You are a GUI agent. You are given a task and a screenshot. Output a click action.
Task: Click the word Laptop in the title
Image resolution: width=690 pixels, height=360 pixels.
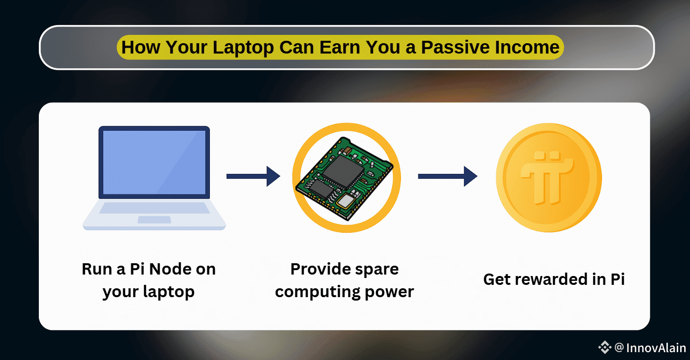[x=243, y=48]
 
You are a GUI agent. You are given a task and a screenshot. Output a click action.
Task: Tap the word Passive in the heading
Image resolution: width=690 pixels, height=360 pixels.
[x=456, y=47]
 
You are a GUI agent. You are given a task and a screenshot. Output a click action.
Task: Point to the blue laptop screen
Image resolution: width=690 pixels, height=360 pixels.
[x=154, y=162]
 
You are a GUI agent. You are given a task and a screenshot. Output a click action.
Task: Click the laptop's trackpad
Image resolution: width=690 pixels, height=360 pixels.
[x=154, y=220]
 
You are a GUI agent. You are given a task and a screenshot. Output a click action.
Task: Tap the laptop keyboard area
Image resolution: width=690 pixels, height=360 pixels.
[x=154, y=208]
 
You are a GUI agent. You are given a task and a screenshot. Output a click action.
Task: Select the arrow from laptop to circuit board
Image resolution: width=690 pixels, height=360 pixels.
[x=253, y=176]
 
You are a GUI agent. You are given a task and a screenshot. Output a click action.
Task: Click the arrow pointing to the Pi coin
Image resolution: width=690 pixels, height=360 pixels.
[x=448, y=176]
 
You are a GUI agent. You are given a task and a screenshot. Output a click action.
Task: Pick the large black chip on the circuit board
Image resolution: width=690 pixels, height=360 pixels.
[x=342, y=171]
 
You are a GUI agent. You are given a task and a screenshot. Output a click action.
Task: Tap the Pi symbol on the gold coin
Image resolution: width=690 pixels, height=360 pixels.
[x=547, y=177]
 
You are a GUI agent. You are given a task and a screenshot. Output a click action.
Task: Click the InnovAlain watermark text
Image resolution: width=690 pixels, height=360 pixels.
[x=656, y=348]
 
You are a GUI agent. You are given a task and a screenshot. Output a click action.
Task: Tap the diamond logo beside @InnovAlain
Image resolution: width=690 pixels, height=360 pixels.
[x=604, y=347]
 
